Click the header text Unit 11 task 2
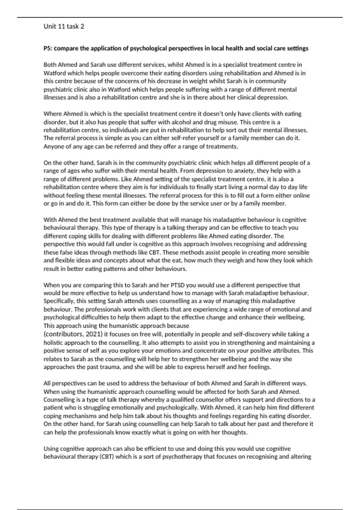64,26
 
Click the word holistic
53,343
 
